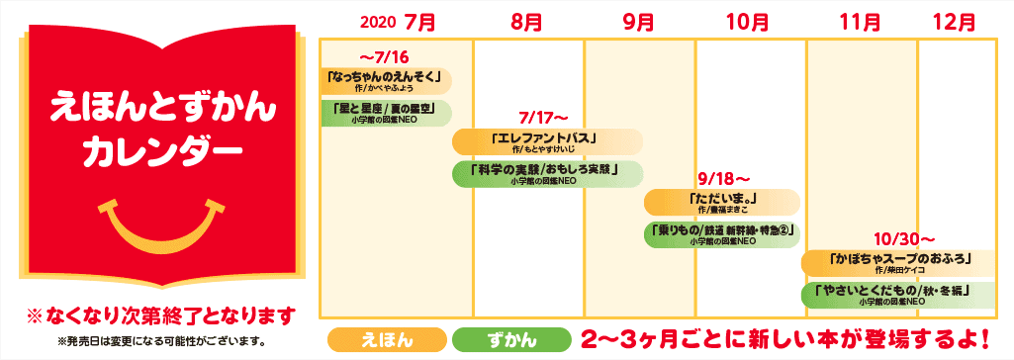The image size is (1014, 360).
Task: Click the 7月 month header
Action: [x=419, y=22]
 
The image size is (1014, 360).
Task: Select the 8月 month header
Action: [x=527, y=22]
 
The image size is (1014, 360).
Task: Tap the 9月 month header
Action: [x=639, y=22]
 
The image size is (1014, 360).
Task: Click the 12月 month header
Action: [x=954, y=22]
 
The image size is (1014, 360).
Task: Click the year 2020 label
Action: [x=378, y=22]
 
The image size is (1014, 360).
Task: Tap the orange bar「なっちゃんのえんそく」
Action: [x=386, y=79]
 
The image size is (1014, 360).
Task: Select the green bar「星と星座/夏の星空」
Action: [x=386, y=112]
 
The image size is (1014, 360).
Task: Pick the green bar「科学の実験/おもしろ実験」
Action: [x=547, y=174]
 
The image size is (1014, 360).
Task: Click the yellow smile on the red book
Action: [x=157, y=226]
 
